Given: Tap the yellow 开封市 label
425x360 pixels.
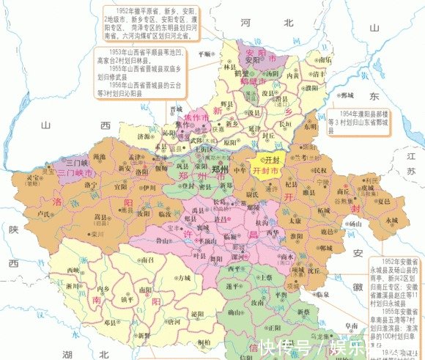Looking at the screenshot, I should [265, 170].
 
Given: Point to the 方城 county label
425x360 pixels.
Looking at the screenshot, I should [182, 279].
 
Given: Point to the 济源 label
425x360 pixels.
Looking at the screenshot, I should [146, 136].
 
